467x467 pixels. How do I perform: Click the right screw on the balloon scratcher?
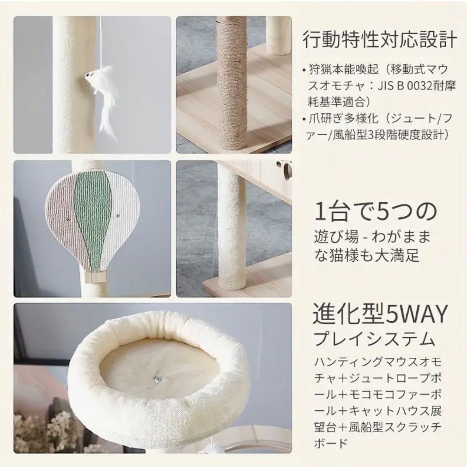coord(117,215)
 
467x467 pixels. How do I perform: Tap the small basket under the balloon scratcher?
coord(94,276)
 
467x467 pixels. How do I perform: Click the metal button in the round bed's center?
coord(158,379)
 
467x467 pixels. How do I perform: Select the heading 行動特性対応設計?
coord(379,41)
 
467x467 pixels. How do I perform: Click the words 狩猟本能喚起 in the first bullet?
coord(344,69)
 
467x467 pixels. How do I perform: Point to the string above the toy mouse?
coord(100,43)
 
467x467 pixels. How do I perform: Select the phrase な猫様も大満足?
coord(367,255)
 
